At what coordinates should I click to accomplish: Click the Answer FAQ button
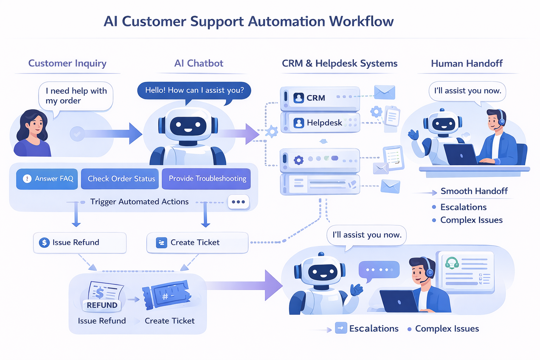(47, 179)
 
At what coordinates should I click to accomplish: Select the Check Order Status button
(121, 179)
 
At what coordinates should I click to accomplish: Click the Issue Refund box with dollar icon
(79, 243)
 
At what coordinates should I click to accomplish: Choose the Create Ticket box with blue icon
(197, 243)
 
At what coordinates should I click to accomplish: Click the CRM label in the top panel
(315, 98)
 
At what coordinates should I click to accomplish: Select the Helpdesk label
(324, 123)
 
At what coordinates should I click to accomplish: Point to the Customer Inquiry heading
(67, 63)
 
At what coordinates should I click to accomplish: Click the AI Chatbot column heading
(199, 63)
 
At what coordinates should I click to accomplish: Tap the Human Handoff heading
(467, 63)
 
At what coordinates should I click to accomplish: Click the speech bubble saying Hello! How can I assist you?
(194, 90)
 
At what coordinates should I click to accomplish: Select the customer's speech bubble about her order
(76, 96)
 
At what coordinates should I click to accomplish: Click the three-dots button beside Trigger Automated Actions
(238, 202)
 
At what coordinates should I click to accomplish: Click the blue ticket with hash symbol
(167, 295)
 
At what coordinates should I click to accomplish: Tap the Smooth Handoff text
(474, 191)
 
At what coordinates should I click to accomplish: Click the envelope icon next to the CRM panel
(384, 92)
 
